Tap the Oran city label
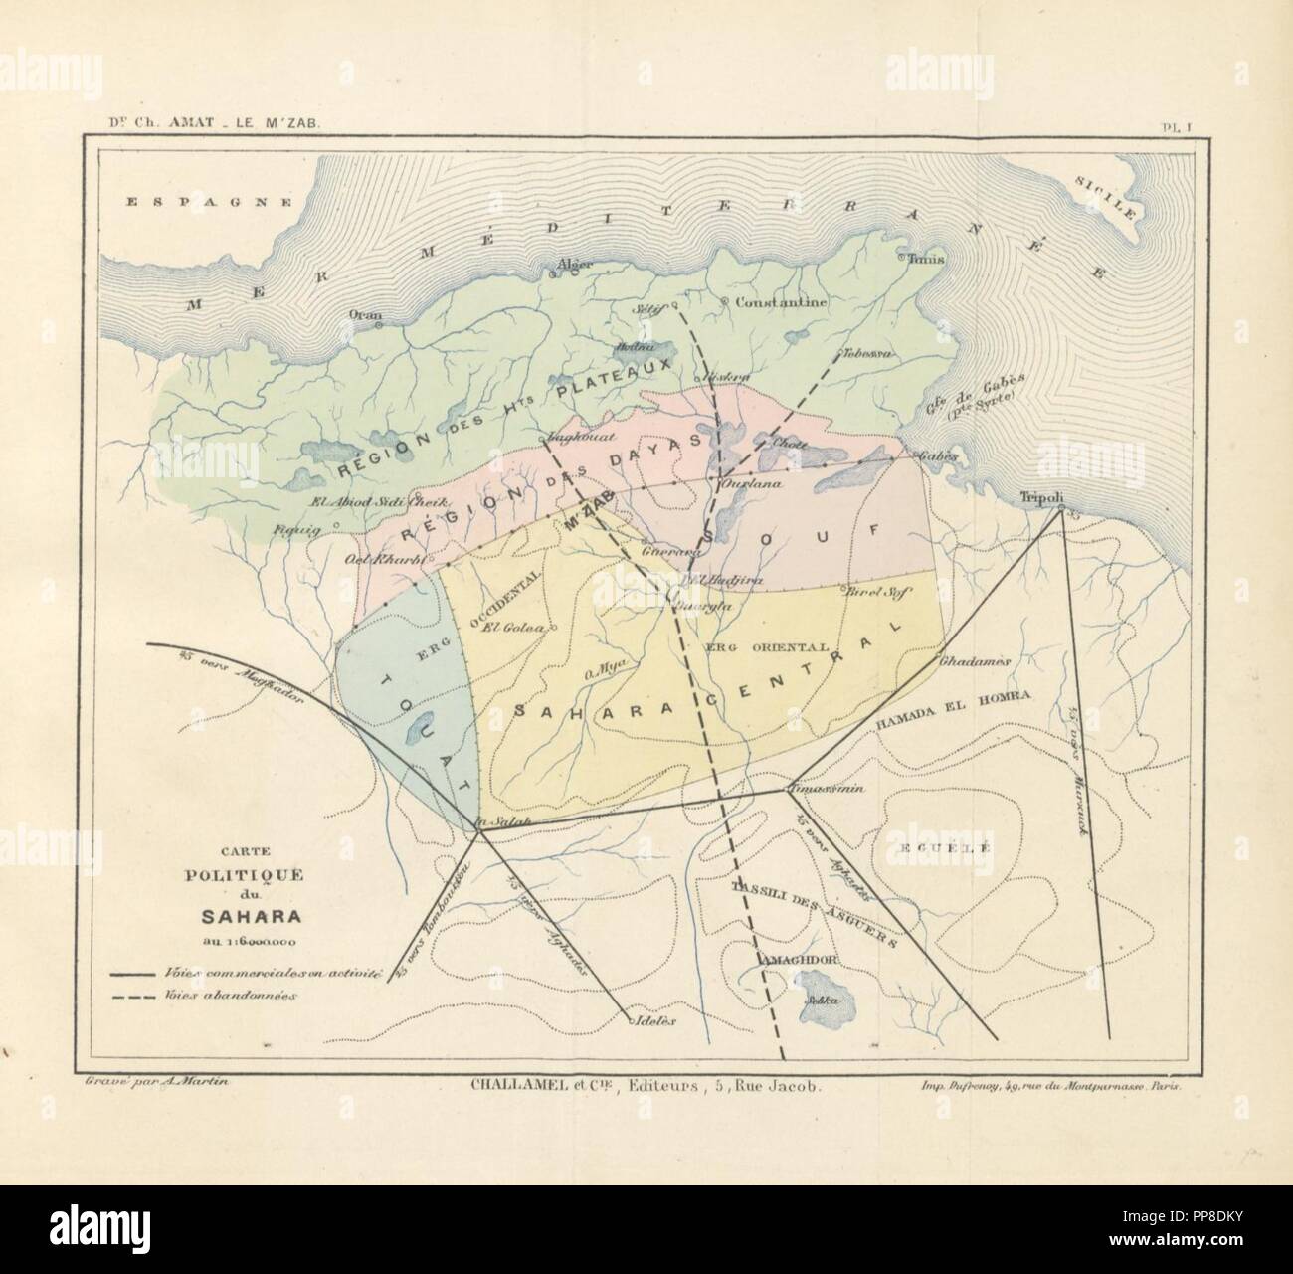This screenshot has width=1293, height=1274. tap(363, 313)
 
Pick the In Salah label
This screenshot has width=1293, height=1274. tap(494, 821)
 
